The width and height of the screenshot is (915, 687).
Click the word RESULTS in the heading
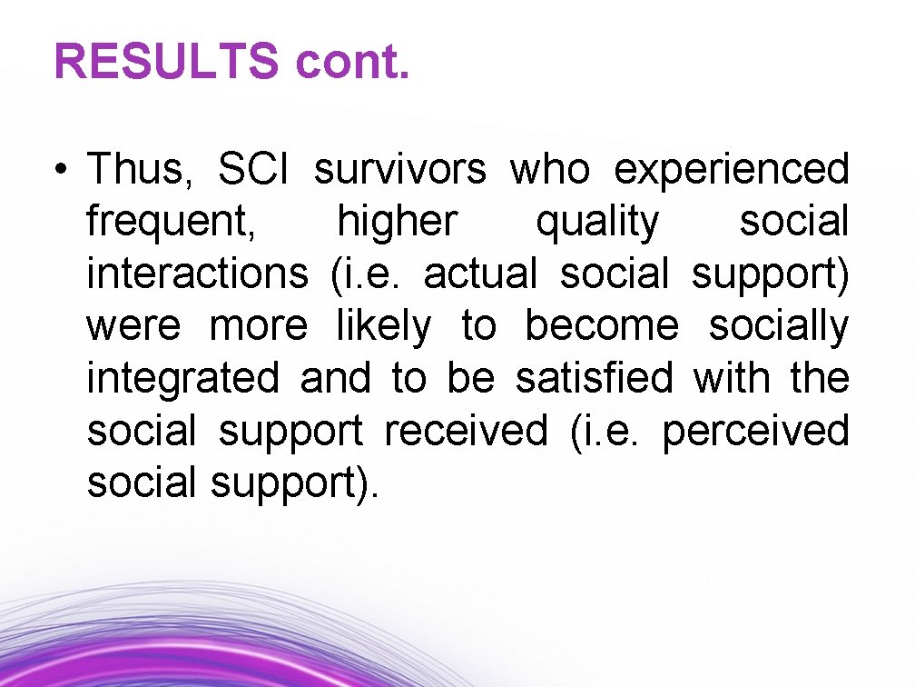pos(166,62)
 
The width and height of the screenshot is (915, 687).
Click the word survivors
pos(400,170)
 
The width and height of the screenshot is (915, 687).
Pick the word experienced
pos(732,170)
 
